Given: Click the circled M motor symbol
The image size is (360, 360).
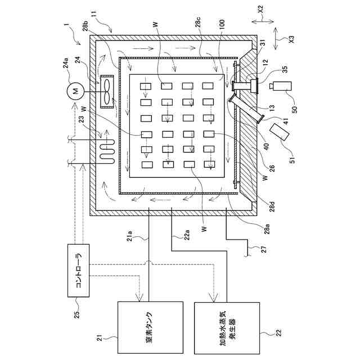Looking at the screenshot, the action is pos(76,91).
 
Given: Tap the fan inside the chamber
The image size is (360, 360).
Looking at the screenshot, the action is pos(107,91).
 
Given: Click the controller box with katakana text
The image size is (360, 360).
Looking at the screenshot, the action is pos(79,271).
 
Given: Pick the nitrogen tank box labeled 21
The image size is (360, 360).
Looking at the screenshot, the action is pos(150,327).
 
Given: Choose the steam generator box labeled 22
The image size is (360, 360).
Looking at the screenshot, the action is pos(227,328).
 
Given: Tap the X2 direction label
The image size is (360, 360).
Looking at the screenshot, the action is pos(260,10).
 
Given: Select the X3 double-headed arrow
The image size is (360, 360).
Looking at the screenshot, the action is pos(276,39).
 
